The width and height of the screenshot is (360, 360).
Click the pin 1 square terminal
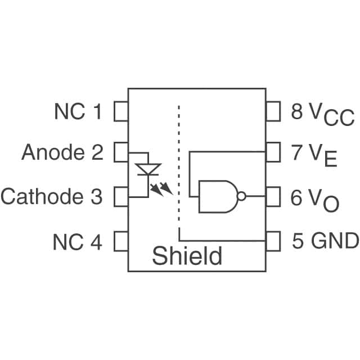coord(121,111)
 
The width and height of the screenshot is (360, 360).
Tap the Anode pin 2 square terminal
coord(121,152)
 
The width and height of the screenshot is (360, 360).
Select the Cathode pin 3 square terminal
coord(121,196)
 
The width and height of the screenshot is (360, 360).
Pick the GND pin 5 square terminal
coord(273,241)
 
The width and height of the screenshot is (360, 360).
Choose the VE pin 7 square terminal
coord(273,152)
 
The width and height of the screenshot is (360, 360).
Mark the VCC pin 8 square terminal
coord(273,111)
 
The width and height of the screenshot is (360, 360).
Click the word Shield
coord(187,256)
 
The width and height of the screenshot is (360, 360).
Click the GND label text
coord(335,241)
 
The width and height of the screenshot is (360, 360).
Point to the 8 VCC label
coord(322,114)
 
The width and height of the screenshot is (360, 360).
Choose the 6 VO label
coord(314,200)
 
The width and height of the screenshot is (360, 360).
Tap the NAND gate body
coord(217,196)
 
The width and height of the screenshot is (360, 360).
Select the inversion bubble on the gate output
coord(241,196)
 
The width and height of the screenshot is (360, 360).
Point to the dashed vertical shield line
coord(179,169)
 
